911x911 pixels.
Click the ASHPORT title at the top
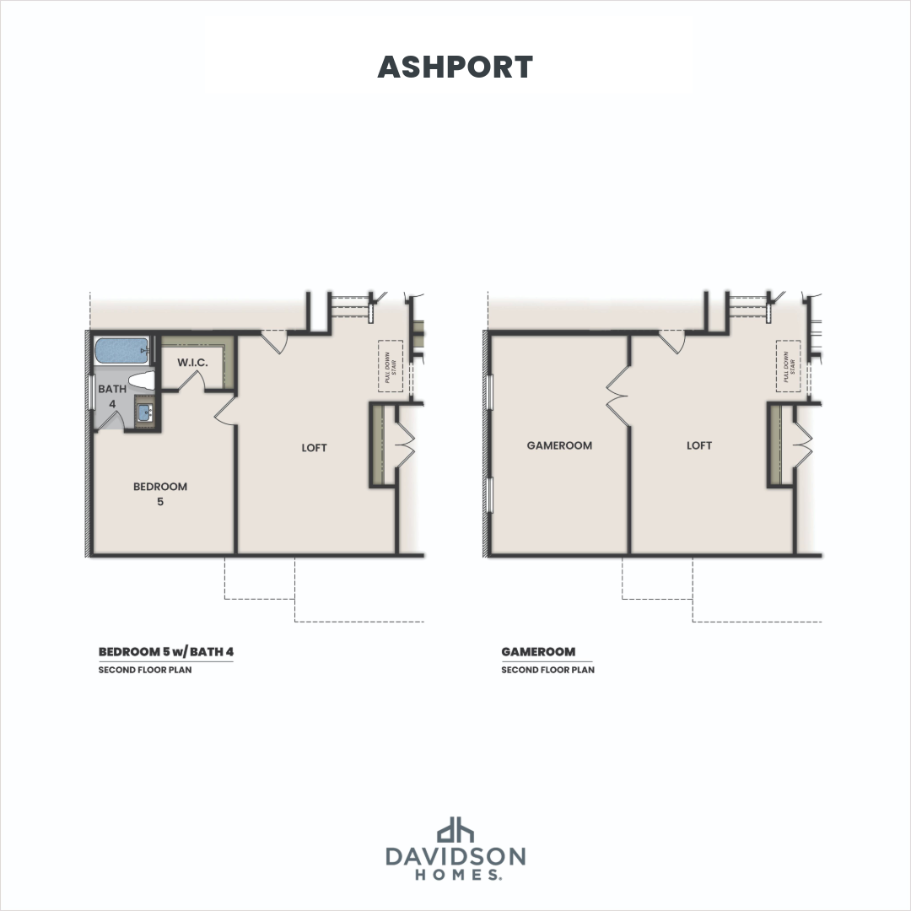coord(455,67)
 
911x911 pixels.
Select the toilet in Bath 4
coord(142,380)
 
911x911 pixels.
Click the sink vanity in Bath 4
coord(144,413)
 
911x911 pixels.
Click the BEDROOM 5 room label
coord(160,493)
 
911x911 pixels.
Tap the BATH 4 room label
coord(111,396)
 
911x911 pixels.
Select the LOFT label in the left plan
coord(314,448)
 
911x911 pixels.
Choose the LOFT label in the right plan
coord(699,445)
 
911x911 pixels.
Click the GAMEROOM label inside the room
coord(559,445)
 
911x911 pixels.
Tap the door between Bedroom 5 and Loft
coord(226,411)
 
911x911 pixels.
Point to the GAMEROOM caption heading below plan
coord(538,652)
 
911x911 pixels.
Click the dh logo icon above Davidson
coord(455,828)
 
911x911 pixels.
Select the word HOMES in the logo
coord(455,876)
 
